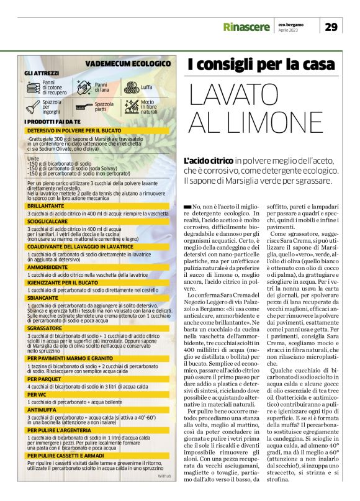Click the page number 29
pos(331,26)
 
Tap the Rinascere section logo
pos(246,27)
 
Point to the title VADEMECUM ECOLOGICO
pos(127,63)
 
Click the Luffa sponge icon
pos(130,88)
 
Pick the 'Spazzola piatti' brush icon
pos(84,106)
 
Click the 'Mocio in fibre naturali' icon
pos(130,106)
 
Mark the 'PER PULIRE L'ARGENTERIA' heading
pos(60,446)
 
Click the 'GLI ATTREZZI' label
pos(42,73)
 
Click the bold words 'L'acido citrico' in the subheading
pos(209,161)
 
